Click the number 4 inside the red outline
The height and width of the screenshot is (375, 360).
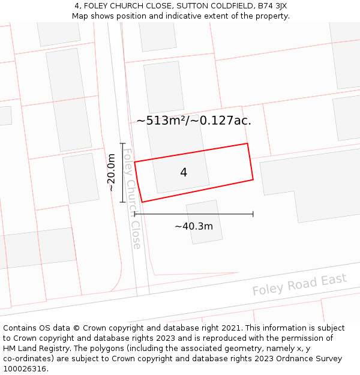[x=184, y=173]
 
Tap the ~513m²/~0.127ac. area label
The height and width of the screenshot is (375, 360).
[x=194, y=121]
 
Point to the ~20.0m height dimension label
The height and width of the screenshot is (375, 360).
[x=111, y=173]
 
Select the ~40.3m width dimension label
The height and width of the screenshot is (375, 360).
[x=194, y=226]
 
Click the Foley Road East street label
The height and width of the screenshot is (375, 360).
[x=299, y=284]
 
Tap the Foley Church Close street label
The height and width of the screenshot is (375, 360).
[x=131, y=199]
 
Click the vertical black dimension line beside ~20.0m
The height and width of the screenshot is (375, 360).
[x=122, y=173]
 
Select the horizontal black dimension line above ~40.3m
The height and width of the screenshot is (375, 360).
[x=194, y=214]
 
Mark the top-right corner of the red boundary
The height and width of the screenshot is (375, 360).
[x=247, y=143]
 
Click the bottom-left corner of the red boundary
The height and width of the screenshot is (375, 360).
[x=142, y=202]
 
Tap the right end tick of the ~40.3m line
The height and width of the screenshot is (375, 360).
[x=253, y=214]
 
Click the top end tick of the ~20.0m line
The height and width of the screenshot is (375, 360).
[x=122, y=143]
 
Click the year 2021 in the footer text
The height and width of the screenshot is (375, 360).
[x=231, y=328]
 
